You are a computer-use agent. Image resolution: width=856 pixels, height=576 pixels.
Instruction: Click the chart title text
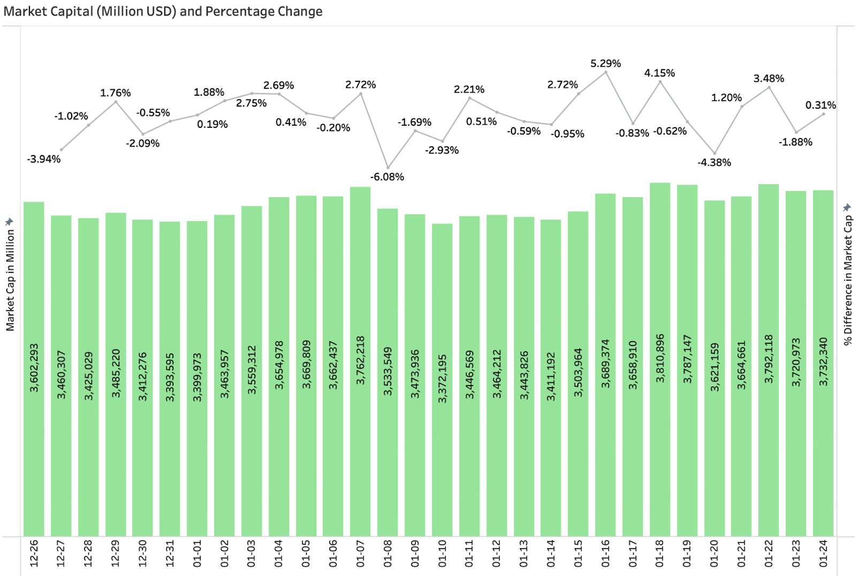point(163,11)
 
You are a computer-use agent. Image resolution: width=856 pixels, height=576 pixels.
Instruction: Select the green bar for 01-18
point(660,359)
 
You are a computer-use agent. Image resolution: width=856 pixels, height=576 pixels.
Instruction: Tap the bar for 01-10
point(442,380)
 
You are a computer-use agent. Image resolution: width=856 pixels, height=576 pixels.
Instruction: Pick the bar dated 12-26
point(34,369)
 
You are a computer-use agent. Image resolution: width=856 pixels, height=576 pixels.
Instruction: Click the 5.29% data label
point(606,64)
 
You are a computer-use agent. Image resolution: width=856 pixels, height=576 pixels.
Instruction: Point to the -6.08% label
point(387,177)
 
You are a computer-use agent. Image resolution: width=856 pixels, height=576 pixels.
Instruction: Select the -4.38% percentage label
point(714,163)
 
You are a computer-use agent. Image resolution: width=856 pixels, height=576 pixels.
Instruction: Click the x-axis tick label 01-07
point(361,554)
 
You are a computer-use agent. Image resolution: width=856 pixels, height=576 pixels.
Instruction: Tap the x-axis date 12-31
point(170,554)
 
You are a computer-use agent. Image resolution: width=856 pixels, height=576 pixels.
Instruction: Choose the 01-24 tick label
point(823,554)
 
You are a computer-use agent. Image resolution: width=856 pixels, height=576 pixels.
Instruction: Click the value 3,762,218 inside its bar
point(361,360)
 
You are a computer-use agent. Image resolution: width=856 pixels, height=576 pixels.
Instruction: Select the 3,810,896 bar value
point(660,358)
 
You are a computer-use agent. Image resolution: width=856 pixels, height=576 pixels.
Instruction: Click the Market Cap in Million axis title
point(10,280)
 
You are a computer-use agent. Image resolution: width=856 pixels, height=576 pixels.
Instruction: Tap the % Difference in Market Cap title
point(847,280)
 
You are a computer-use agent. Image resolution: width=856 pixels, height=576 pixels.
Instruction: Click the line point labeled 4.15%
point(660,82)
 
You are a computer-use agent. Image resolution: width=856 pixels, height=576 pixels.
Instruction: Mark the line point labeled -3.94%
point(62,150)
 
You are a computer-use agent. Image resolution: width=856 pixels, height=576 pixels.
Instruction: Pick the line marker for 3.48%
point(769,88)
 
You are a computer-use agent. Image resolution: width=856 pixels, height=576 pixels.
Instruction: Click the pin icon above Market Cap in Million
point(9,222)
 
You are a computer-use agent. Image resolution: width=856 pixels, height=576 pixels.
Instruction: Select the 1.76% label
point(116,93)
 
